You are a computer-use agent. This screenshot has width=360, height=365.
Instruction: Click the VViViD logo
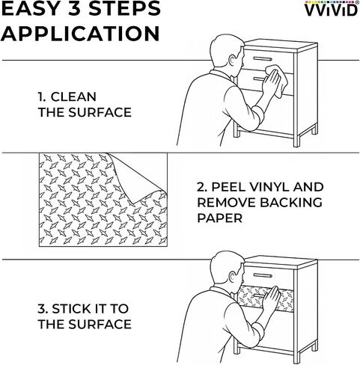coord(331,9)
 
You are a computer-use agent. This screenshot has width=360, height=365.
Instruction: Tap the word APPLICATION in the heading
coord(80,34)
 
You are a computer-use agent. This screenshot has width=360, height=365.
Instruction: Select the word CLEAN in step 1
coord(73,96)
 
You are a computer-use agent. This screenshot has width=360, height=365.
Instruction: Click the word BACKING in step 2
coord(291,203)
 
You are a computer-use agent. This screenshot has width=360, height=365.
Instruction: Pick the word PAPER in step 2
coord(219,218)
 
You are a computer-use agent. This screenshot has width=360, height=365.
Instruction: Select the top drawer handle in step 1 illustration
coord(263,59)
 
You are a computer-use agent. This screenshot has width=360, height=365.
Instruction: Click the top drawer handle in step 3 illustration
coord(263,275)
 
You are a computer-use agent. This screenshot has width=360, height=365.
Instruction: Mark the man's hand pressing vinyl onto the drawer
coord(271,298)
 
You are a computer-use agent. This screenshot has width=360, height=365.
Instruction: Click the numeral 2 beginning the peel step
coord(201,187)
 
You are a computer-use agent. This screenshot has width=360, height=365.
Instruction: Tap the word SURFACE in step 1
coord(100,112)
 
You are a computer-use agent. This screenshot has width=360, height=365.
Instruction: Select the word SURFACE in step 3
coord(100,324)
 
